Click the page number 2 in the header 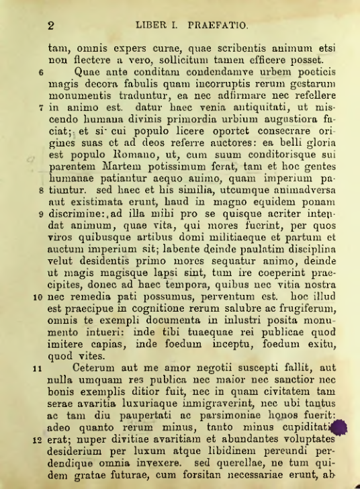[x=50, y=26]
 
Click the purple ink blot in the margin [x=339, y=429]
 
